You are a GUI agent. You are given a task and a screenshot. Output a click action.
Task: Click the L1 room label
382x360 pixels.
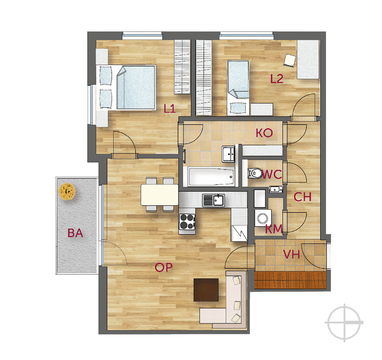pos(170,109)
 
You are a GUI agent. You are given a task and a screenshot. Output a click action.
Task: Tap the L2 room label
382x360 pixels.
pos(277,79)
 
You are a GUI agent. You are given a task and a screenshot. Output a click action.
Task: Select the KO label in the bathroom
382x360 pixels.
pos(264,133)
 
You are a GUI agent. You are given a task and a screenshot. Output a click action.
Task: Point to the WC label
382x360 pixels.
pos(272,174)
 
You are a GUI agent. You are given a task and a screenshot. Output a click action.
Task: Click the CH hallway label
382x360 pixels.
pos(302,197)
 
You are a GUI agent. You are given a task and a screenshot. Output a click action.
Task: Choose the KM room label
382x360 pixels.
pos(274,229)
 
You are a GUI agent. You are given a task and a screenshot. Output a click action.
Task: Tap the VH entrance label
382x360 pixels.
pos(291,255)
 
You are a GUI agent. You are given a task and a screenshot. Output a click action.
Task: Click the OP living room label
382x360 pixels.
pos(164,267)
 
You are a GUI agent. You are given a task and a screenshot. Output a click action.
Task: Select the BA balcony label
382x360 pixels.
pos(75,233)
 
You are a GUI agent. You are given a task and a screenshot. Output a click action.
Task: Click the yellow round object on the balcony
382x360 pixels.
pos(67,192)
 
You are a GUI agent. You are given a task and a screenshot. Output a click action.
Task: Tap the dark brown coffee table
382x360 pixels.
pos(206,290)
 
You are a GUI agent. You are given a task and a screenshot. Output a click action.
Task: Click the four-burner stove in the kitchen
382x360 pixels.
pos(187,221)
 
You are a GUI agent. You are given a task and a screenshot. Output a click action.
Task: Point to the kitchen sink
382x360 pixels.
pos(214,200)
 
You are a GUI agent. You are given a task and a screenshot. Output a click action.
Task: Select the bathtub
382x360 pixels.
pos(211,176)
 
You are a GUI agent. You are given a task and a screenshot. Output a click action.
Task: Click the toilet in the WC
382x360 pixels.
pos(255,173)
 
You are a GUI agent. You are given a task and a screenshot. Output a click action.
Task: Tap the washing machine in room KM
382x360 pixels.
pos(263,218)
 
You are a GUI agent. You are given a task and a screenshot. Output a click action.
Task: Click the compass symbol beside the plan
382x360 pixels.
pos(344,322)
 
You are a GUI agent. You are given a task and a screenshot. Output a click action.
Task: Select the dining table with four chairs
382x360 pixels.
pos(160,195)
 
